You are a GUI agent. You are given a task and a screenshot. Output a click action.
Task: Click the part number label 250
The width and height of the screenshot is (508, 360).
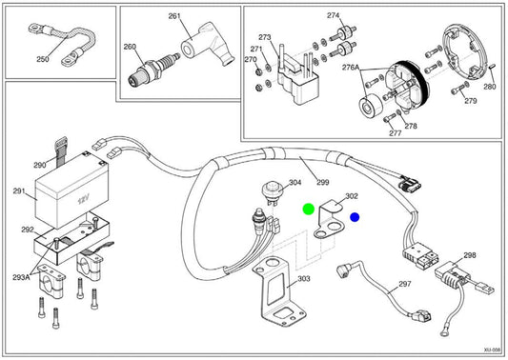[x=43, y=59]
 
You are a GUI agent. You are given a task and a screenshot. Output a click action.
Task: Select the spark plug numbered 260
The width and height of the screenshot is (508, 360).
[x=153, y=70]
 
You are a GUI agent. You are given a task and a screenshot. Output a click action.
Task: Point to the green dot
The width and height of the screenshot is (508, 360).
[x=309, y=210]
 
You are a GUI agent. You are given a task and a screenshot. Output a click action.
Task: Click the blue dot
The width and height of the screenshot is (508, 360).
[x=355, y=217]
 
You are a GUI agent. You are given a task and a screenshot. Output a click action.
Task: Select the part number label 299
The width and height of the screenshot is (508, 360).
[x=323, y=182]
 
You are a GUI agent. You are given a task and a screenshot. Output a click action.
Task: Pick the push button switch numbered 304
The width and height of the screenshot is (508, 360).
[x=272, y=192]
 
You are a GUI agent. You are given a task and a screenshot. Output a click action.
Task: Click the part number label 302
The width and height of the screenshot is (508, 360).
[x=352, y=196]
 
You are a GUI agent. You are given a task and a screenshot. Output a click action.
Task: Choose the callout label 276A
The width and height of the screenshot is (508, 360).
[x=351, y=68]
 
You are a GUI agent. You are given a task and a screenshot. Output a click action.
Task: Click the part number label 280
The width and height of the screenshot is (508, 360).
[x=490, y=87]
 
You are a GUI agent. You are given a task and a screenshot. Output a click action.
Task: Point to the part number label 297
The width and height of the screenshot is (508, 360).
[x=405, y=284]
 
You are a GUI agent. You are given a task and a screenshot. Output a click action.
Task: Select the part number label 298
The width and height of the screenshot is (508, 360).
[x=470, y=255]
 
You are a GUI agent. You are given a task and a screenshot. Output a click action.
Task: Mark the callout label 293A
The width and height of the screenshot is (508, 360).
[x=21, y=277]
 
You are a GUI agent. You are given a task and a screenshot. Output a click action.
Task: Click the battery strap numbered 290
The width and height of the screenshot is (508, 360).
[x=61, y=151]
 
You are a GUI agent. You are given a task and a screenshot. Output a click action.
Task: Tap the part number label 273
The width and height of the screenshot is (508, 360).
[x=264, y=37]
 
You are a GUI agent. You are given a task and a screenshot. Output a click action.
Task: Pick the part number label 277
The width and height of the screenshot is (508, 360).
[x=395, y=133]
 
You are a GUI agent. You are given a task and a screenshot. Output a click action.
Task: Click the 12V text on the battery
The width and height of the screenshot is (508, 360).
[x=83, y=200]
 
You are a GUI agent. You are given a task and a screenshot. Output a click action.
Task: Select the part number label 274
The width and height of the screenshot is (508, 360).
[x=333, y=15]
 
